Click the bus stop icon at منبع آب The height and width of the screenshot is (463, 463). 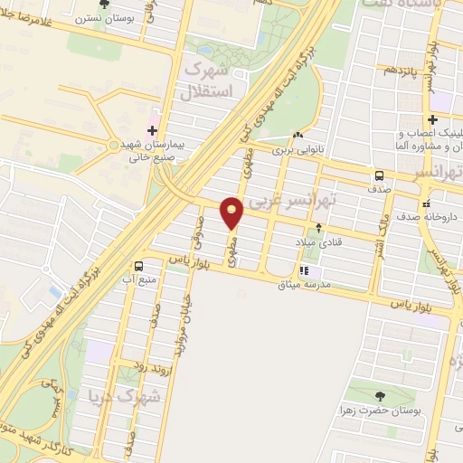click(x=139, y=266)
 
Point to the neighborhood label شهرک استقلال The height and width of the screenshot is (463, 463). click(x=208, y=80)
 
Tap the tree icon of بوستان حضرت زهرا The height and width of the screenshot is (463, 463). click(x=379, y=396)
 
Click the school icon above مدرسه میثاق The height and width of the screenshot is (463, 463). click(x=305, y=269)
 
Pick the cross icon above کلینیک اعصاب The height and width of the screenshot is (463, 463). click(x=433, y=119)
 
